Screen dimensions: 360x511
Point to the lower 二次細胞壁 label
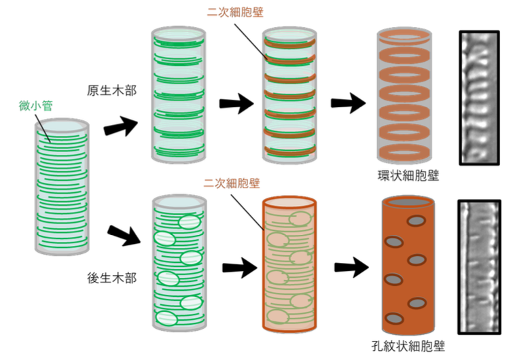231,183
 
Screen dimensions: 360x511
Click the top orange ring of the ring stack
406,37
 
